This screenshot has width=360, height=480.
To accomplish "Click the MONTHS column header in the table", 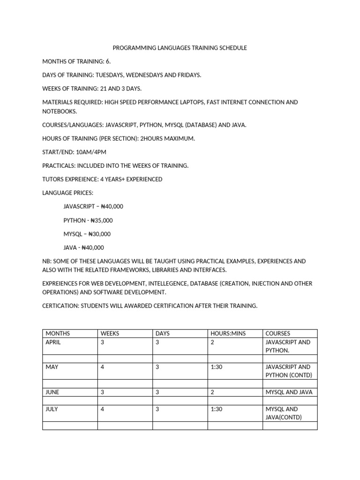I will point(58,333).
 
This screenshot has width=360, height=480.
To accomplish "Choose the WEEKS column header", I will point(110,333).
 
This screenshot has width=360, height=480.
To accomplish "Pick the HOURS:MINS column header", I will point(228,333).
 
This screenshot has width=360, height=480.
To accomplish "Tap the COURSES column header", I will point(278,333).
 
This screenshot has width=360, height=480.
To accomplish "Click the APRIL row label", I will point(53,342).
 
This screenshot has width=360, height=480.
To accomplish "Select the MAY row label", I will point(52,367).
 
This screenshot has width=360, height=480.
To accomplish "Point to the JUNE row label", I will point(52,392).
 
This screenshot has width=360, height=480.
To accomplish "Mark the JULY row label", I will point(52,409).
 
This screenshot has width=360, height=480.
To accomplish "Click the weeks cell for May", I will point(102,367).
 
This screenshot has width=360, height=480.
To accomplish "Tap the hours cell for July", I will point(216,409).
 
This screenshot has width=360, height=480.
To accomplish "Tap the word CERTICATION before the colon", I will point(60,306).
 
